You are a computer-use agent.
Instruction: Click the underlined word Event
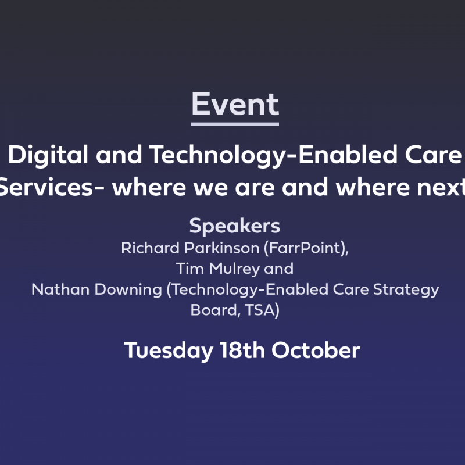click(235, 104)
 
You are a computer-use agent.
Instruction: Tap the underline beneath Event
click(235, 124)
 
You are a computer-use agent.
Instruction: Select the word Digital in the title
click(48, 155)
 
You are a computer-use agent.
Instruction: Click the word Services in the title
click(46, 187)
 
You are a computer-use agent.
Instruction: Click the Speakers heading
click(235, 227)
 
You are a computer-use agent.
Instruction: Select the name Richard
click(151, 248)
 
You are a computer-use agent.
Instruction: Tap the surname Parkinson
click(222, 248)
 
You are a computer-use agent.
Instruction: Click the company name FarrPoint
click(306, 248)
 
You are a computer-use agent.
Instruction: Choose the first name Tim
click(190, 269)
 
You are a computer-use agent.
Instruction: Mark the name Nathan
click(60, 289)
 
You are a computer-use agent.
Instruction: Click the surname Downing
click(128, 290)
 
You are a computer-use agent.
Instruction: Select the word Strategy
click(406, 290)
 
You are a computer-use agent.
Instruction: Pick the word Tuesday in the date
click(169, 351)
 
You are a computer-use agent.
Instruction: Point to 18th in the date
click(242, 350)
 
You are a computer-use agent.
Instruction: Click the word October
click(316, 350)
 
